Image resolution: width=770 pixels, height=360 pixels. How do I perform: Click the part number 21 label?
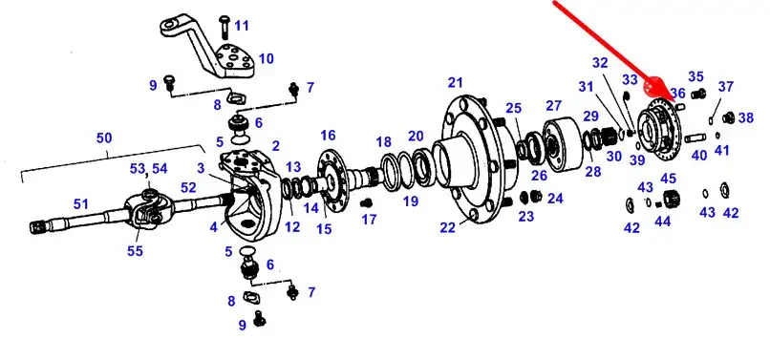456,83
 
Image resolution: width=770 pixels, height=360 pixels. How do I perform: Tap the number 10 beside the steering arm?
266,59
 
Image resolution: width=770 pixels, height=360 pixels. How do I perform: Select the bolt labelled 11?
225,27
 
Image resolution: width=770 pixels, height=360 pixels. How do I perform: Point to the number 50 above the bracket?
104,138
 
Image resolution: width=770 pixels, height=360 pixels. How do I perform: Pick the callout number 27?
553,106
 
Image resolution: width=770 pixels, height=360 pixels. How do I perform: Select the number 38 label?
745,117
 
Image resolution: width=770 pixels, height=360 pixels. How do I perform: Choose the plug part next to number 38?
729,117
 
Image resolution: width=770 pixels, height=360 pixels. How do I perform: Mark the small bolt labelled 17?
366,203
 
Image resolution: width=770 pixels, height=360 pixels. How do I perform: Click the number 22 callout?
447,228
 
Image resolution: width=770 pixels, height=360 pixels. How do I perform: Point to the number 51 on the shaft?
81,202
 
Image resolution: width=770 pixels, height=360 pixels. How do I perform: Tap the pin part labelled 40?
695,138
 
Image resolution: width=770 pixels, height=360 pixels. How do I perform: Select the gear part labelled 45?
672,199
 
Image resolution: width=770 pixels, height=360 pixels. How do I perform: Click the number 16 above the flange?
328,135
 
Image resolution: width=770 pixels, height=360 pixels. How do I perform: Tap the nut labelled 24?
536,197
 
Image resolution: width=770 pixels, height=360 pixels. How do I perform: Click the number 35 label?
695,76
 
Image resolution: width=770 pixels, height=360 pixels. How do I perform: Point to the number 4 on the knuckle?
213,227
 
